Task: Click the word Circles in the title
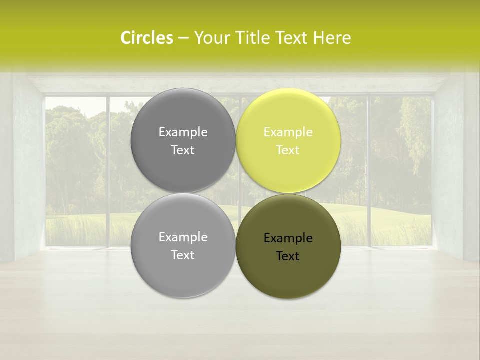tap(147, 38)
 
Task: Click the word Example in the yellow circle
tap(288, 132)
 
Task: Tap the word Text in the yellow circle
tap(288, 150)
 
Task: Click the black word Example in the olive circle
tap(288, 238)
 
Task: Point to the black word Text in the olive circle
tap(288, 256)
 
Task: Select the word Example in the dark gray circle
tap(183, 132)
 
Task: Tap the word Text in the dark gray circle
tap(183, 150)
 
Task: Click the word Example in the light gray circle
tap(183, 237)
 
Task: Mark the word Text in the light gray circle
tap(183, 255)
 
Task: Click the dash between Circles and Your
tap(183, 38)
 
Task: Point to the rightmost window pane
tap(400, 170)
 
